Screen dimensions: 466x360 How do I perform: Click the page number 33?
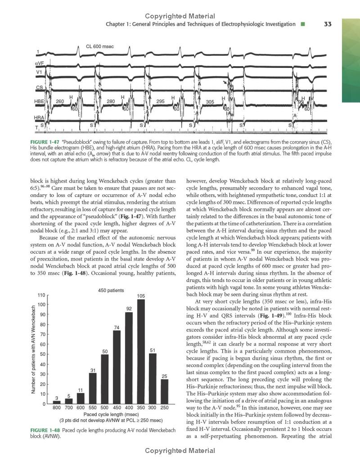click(328, 24)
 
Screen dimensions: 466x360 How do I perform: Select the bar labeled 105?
click(140, 351)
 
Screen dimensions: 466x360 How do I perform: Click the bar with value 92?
click(129, 358)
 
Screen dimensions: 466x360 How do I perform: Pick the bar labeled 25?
click(164, 391)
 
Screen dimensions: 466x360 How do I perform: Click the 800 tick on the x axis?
click(57, 408)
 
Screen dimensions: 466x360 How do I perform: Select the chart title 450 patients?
click(111, 290)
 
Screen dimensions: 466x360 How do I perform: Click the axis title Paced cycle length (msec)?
click(111, 414)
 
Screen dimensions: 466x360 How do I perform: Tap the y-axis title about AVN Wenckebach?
click(33, 349)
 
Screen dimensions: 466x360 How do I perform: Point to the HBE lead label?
click(39, 102)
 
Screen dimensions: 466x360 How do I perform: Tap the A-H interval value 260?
click(60, 101)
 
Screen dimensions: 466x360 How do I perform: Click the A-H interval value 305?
click(210, 102)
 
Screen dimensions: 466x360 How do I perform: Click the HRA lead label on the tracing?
click(40, 117)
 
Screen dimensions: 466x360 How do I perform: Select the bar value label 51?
click(153, 350)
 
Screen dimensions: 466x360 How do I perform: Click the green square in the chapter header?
click(303, 24)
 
